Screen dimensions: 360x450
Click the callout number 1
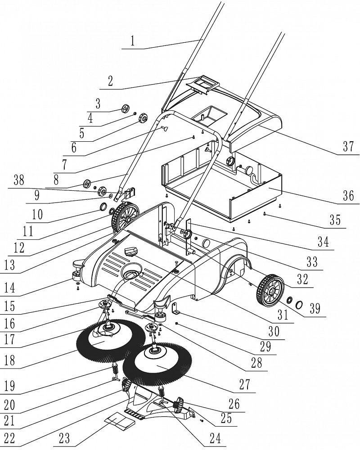(132, 41)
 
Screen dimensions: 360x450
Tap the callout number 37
(348, 146)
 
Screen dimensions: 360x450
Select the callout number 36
(349, 196)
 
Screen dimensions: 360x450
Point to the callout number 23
(63, 438)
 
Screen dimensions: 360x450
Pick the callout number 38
(18, 180)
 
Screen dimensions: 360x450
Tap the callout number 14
(9, 288)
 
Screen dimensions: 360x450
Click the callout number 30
(273, 332)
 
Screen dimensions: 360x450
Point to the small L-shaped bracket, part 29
(175, 309)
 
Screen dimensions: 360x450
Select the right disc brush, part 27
(157, 362)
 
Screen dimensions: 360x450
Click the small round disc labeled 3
(126, 109)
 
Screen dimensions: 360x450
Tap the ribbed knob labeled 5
(143, 118)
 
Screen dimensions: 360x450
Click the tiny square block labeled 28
(178, 324)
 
